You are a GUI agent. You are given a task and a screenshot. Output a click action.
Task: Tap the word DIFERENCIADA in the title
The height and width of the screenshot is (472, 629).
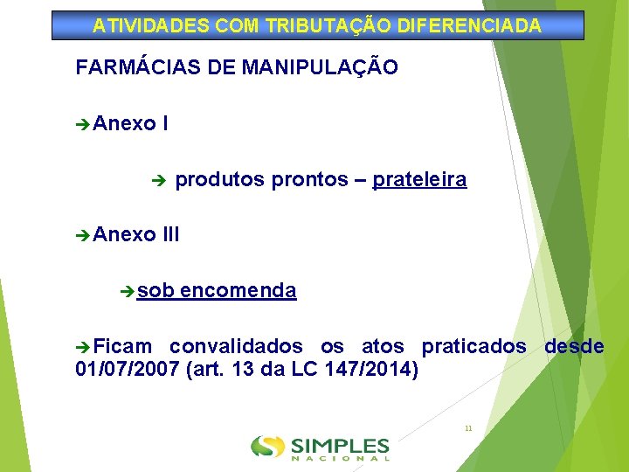point(469,26)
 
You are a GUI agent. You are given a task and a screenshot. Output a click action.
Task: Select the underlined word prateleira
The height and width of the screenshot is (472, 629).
point(419,180)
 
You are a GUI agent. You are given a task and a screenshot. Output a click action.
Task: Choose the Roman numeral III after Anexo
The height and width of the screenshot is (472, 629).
point(171,234)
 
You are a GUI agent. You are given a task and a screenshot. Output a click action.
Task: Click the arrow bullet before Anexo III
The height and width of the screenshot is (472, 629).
point(83,235)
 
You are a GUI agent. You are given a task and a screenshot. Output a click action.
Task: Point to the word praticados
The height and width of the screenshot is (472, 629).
point(473,347)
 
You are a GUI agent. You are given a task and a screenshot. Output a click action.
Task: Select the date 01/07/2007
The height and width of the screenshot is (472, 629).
point(128,370)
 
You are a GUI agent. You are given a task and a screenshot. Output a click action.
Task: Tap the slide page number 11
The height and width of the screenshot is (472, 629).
point(468,428)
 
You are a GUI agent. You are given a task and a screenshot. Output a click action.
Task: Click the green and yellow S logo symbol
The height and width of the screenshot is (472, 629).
point(267,447)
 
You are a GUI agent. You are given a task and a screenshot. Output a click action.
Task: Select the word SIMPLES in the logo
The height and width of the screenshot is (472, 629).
point(341,444)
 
